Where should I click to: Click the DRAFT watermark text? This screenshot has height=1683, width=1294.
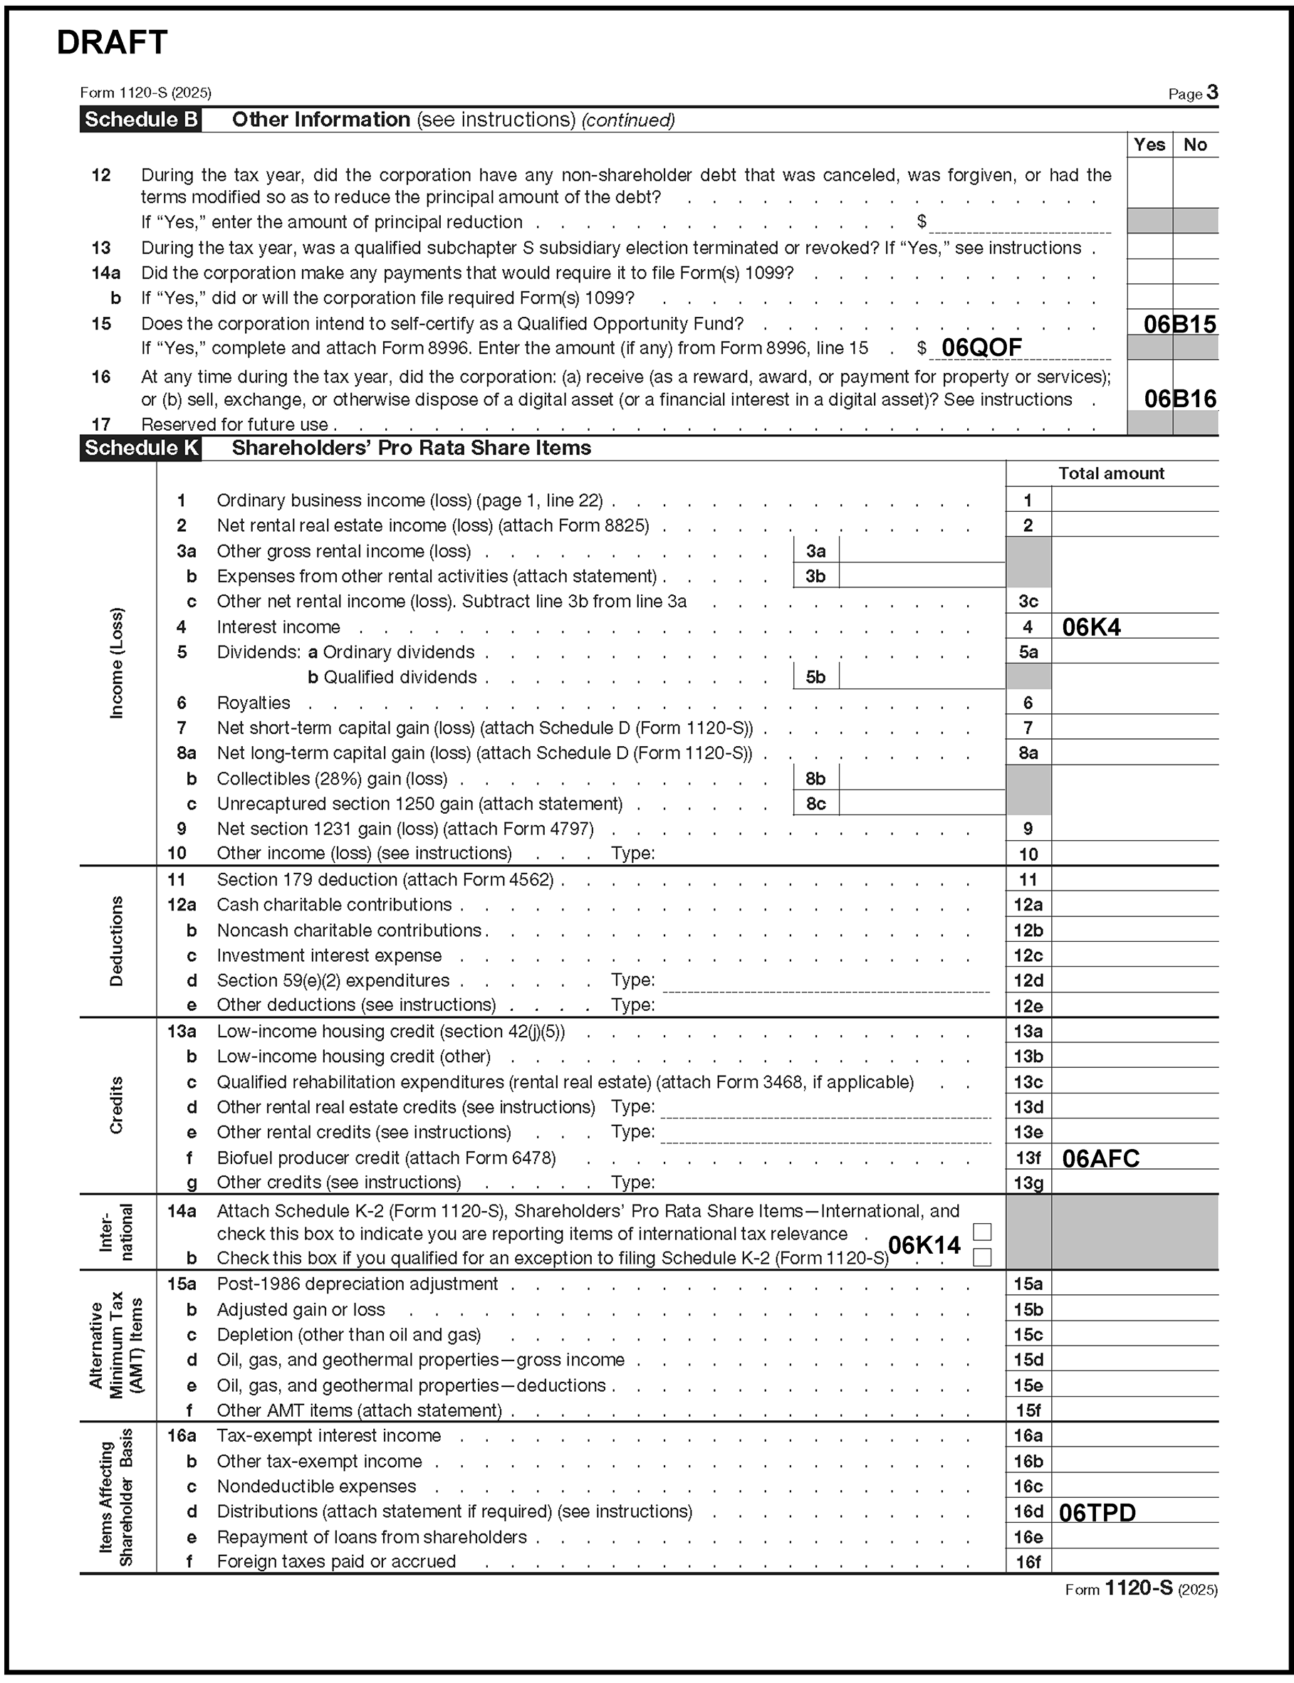[112, 43]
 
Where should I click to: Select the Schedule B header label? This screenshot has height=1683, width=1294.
[141, 120]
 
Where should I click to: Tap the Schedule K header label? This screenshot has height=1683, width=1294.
[141, 448]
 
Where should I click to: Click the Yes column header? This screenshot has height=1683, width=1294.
[1149, 145]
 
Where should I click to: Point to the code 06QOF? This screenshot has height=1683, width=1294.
[981, 348]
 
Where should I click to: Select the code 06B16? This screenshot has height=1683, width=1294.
[1180, 399]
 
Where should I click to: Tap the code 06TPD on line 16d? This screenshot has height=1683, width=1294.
[1097, 1513]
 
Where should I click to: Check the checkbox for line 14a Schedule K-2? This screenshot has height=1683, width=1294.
[982, 1232]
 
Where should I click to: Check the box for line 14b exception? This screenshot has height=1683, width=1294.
[982, 1257]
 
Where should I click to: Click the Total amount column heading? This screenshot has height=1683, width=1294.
[1111, 473]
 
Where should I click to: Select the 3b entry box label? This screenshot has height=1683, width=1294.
[815, 576]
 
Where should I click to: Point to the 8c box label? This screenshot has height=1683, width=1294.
[815, 804]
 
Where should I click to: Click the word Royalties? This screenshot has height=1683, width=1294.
[254, 703]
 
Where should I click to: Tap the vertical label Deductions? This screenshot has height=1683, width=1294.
[116, 941]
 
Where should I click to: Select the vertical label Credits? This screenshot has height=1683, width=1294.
[116, 1105]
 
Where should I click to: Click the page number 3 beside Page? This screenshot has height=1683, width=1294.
[1212, 93]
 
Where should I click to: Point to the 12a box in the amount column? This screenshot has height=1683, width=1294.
[1028, 905]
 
